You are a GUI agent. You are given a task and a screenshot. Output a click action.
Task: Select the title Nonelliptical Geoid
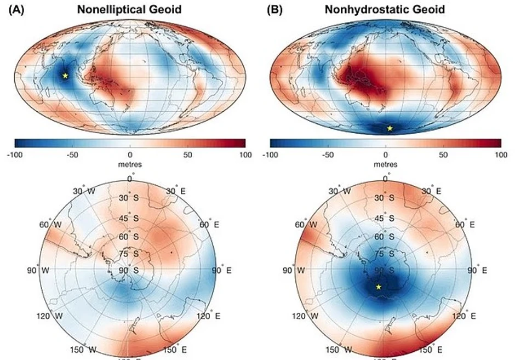pyautogui.click(x=130, y=9)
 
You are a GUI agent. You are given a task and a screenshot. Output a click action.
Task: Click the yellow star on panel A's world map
pyautogui.click(x=65, y=76)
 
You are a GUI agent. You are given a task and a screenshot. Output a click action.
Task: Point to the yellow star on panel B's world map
pyautogui.click(x=390, y=128)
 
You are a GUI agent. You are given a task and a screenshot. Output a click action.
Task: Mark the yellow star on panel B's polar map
pyautogui.click(x=378, y=287)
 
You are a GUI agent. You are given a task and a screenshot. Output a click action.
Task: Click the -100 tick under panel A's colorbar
pyautogui.click(x=15, y=155)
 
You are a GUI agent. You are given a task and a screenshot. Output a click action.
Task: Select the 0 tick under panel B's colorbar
pyautogui.click(x=386, y=155)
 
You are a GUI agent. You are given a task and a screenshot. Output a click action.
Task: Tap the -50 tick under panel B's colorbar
pyautogui.click(x=328, y=155)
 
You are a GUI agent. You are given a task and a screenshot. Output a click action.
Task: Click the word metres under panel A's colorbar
pyautogui.click(x=130, y=164)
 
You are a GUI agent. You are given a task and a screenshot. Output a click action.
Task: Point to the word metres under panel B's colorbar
pyautogui.click(x=386, y=164)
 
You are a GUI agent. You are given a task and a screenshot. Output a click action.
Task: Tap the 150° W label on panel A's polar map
pyautogui.click(x=85, y=350)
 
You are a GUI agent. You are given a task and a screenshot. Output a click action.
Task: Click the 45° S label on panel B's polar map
pyautogui.click(x=386, y=219)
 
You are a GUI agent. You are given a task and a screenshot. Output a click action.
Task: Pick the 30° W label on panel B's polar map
pyautogui.click(x=340, y=191)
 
